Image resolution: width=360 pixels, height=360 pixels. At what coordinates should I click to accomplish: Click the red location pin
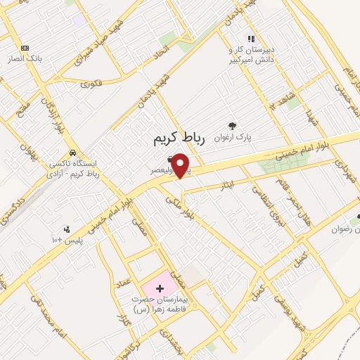click(181, 165)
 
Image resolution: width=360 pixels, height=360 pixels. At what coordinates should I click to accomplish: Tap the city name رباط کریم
click(179, 140)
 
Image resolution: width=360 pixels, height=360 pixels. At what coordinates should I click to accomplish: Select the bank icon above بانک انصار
click(26, 48)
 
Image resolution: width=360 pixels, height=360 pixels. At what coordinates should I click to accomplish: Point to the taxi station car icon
click(72, 153)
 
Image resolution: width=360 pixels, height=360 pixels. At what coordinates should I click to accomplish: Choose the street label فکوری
click(91, 84)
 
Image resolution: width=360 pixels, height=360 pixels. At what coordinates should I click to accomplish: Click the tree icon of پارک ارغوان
click(232, 126)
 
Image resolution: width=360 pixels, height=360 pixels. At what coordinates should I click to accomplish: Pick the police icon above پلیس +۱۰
click(67, 229)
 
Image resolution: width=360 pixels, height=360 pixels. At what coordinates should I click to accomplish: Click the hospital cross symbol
click(160, 288)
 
